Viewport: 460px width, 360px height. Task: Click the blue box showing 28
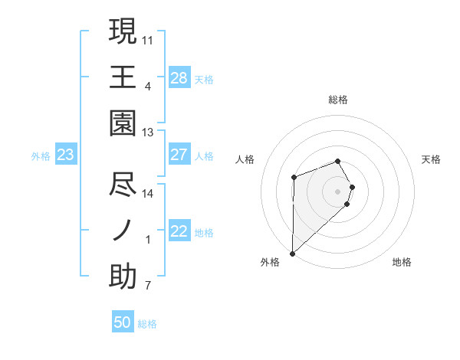point(179,77)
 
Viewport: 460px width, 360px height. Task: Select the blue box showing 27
point(179,155)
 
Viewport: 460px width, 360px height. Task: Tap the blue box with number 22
point(179,231)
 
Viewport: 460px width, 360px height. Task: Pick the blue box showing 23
point(65,155)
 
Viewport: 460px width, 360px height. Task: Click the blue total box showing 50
point(123,322)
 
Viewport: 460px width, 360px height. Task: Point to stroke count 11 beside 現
point(148,38)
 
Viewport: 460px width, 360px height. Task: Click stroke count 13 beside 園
point(148,133)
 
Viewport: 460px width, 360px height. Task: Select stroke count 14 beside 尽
point(148,194)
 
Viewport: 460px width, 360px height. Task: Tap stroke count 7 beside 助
point(148,286)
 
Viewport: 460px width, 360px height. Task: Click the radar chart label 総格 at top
point(338,100)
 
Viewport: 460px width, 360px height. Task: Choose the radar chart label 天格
point(432,159)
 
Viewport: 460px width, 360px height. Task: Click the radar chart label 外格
point(270,262)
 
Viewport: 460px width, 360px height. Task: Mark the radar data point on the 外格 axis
point(292,253)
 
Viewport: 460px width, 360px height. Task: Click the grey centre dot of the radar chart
point(338,191)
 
